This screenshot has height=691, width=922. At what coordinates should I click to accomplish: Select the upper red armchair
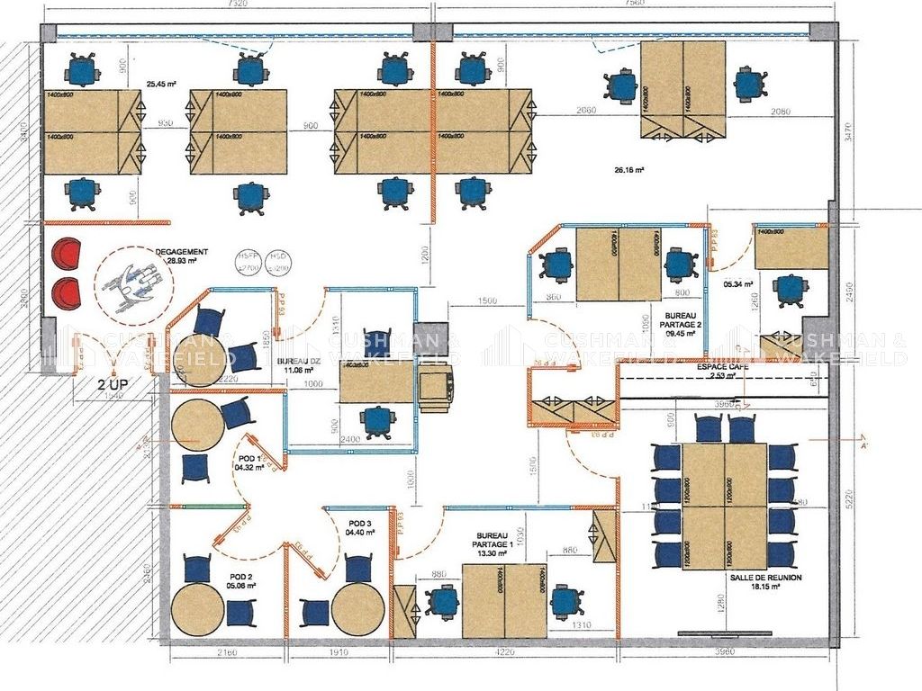(66, 254)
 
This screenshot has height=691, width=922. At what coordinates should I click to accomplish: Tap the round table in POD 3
(357, 608)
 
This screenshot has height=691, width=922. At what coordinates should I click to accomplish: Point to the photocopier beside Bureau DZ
(437, 388)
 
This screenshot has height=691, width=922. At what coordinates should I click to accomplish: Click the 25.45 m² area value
(161, 84)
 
